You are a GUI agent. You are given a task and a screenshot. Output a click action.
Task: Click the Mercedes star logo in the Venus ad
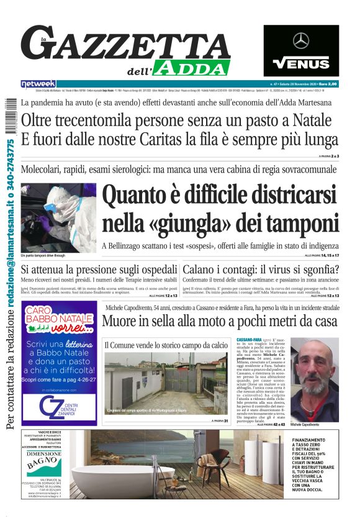pos(301,41)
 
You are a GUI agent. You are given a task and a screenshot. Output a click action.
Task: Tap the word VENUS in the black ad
pos(301,63)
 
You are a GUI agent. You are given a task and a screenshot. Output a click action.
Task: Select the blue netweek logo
pos(38,84)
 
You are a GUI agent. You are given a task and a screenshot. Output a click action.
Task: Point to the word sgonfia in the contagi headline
pos(313,270)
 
